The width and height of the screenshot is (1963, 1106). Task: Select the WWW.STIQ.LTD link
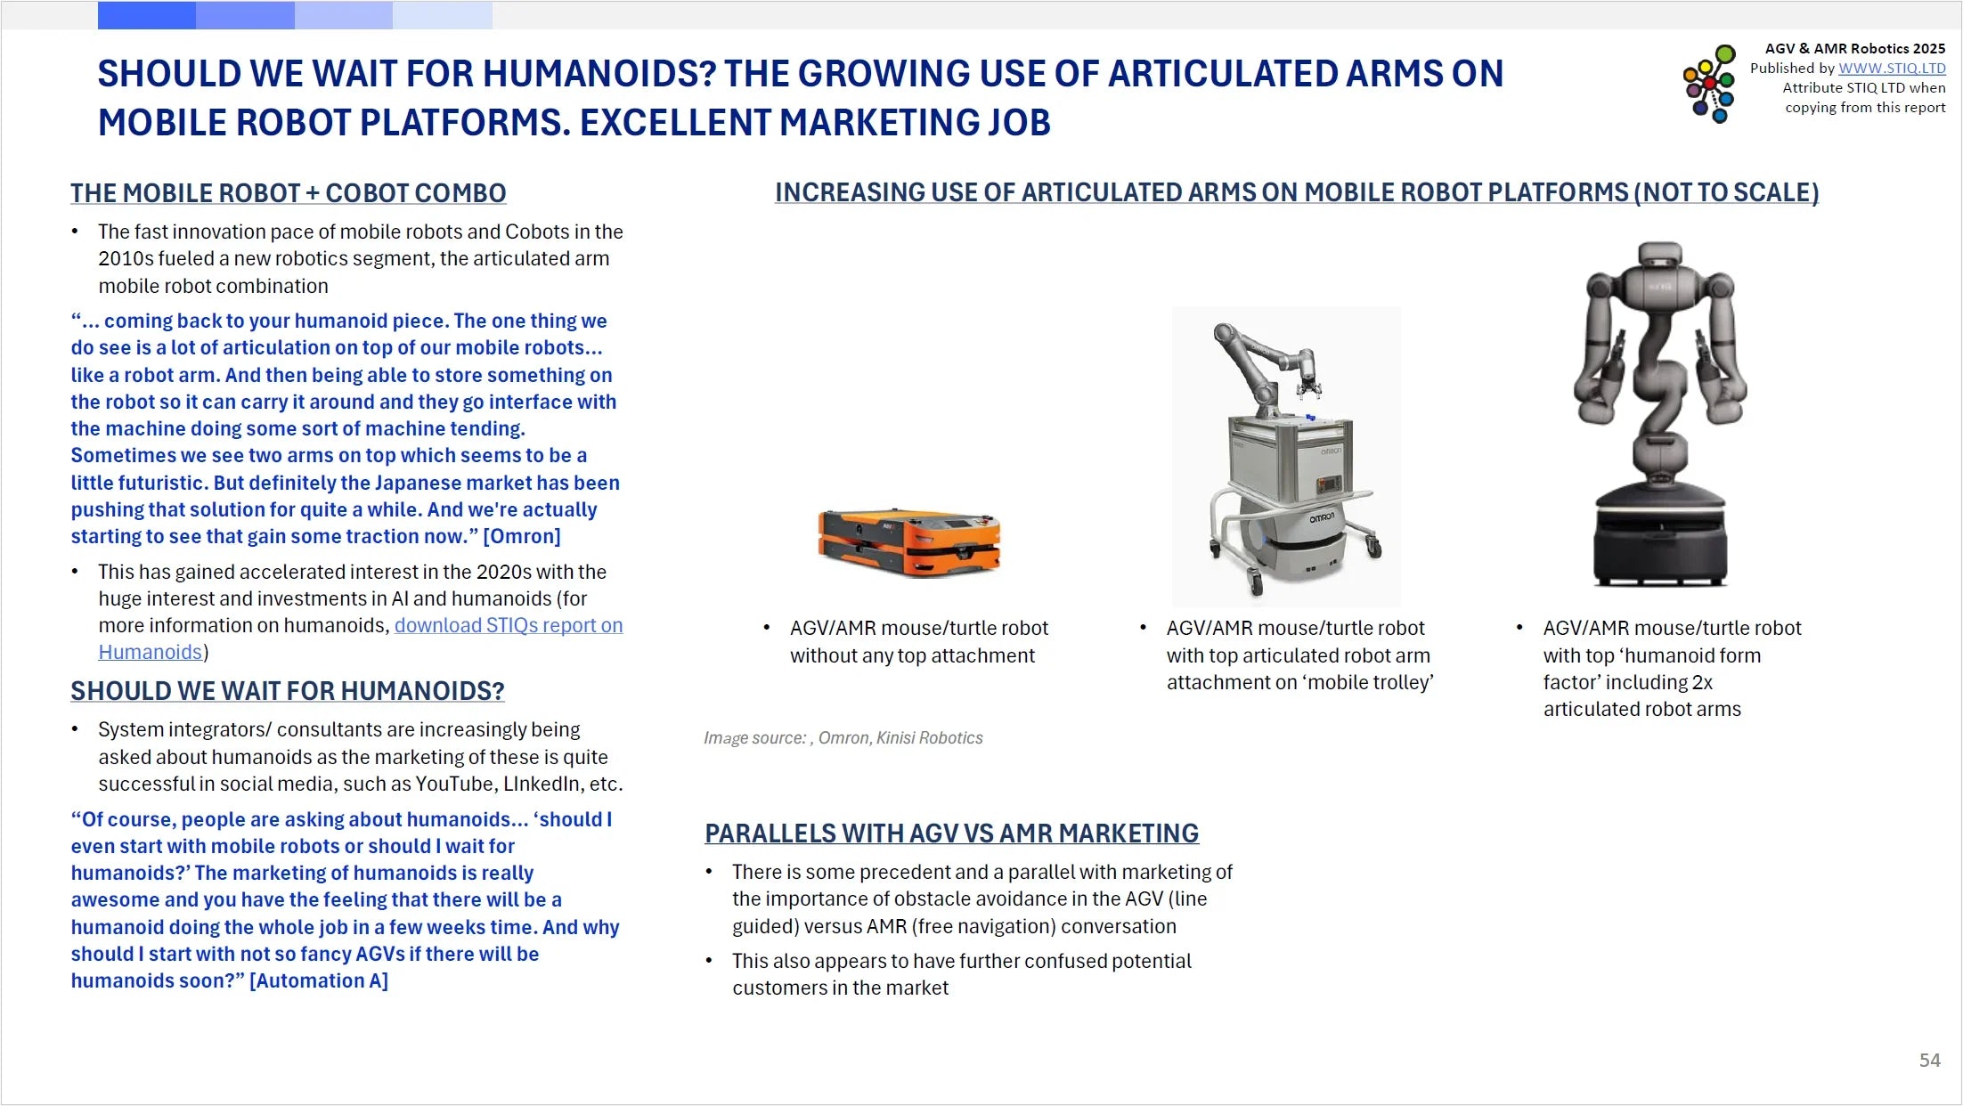pyautogui.click(x=1892, y=69)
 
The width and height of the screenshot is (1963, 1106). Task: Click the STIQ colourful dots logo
pyautogui.click(x=1708, y=84)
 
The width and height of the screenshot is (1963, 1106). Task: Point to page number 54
pyautogui.click(x=1929, y=1060)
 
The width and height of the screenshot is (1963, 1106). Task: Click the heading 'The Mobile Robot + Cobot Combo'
pyautogui.click(x=288, y=193)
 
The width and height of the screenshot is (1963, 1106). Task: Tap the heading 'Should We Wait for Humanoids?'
pyautogui.click(x=287, y=691)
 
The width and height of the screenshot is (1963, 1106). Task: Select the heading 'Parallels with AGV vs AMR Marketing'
pyautogui.click(x=951, y=834)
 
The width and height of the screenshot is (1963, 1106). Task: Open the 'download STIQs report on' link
pyautogui.click(x=508, y=625)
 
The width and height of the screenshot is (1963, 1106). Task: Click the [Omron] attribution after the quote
pyautogui.click(x=522, y=536)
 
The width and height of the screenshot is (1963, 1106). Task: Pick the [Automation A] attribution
pyautogui.click(x=318, y=980)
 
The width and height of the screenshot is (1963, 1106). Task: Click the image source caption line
pyautogui.click(x=843, y=737)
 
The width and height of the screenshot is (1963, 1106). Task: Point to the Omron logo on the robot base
pyautogui.click(x=1322, y=517)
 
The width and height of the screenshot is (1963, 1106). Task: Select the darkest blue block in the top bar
pyautogui.click(x=146, y=15)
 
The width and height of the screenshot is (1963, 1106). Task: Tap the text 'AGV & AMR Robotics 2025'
pyautogui.click(x=1854, y=48)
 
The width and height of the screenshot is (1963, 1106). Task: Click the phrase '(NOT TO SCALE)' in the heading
pyautogui.click(x=1726, y=192)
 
